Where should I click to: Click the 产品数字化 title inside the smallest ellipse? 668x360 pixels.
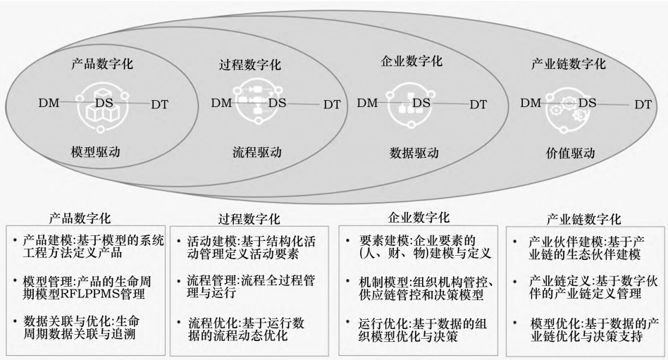click(x=101, y=64)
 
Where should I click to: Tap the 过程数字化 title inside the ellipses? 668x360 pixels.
click(x=250, y=65)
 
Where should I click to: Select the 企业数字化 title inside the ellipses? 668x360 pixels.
click(x=412, y=61)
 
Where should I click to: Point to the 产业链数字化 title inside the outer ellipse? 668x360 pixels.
click(x=569, y=64)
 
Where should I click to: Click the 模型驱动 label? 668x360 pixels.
click(x=96, y=151)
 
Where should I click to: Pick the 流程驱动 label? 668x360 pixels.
click(x=257, y=152)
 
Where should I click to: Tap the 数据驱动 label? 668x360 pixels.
click(x=414, y=152)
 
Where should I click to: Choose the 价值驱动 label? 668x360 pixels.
click(x=570, y=153)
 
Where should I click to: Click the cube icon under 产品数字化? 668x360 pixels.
click(x=102, y=106)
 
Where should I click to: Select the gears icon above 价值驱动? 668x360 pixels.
click(x=569, y=111)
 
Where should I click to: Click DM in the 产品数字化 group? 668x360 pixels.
click(x=49, y=103)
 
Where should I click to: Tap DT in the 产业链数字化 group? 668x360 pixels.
click(x=643, y=104)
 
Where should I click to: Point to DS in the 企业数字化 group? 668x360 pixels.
click(x=421, y=103)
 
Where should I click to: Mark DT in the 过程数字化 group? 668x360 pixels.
click(x=332, y=104)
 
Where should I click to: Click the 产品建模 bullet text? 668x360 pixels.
click(x=93, y=247)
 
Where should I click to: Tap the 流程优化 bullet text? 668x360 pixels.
click(x=246, y=328)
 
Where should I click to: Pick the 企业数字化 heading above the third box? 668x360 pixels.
click(x=419, y=218)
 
